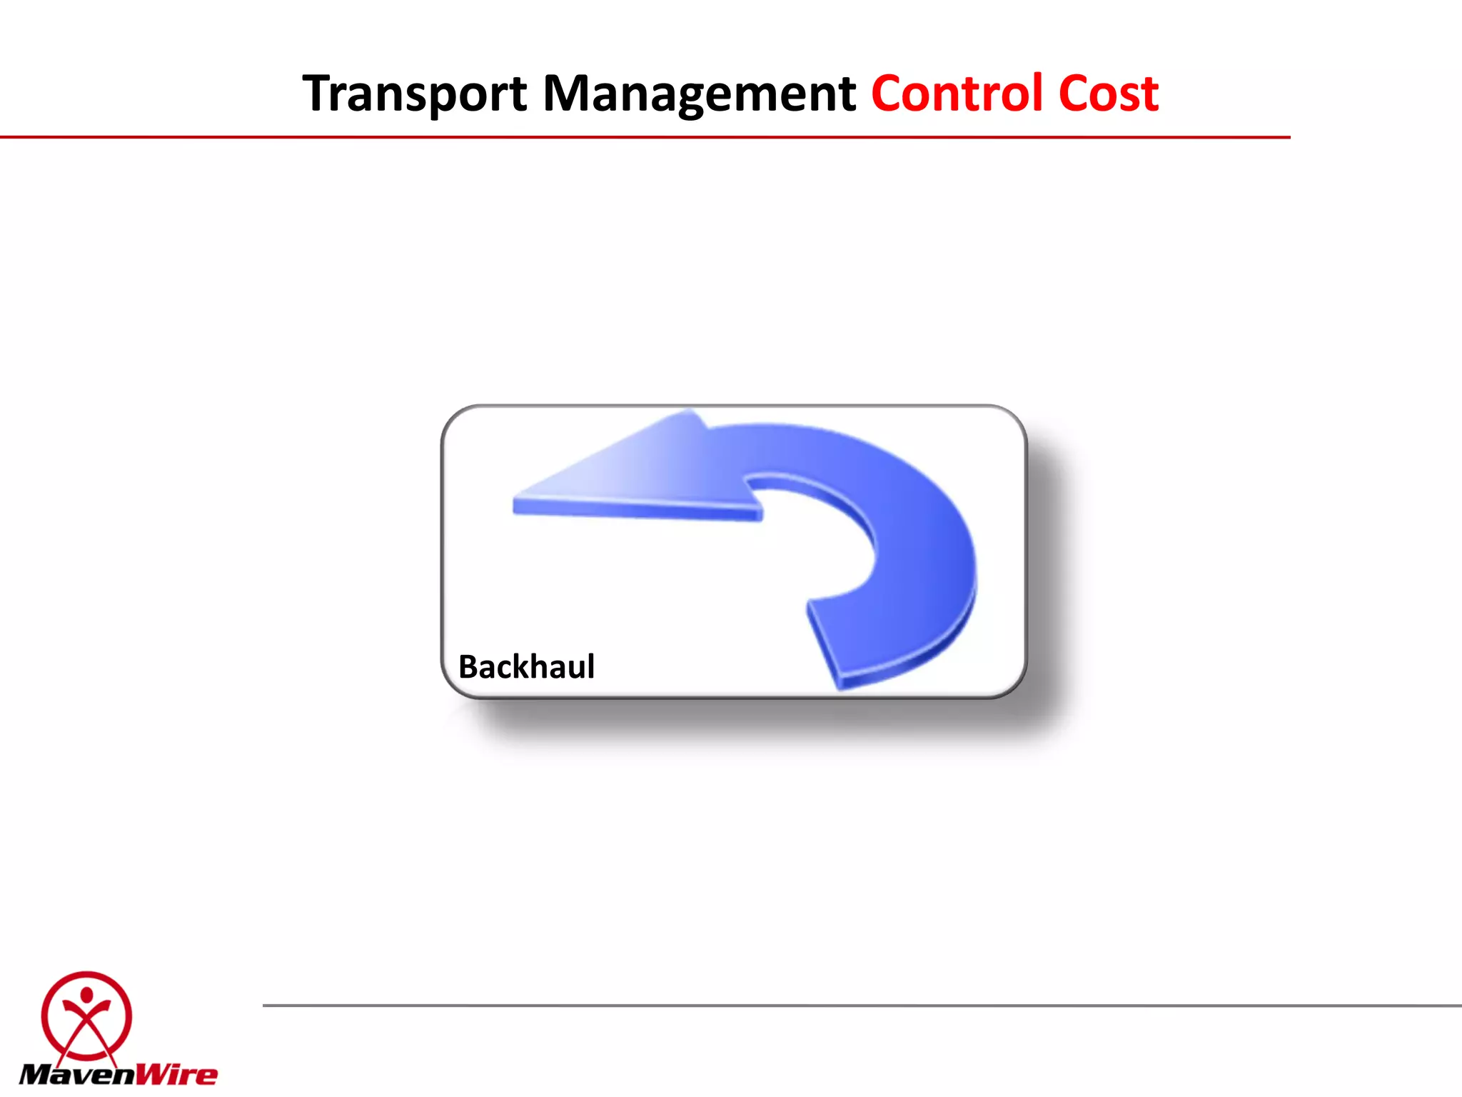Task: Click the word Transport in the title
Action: click(x=414, y=94)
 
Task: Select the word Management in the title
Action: click(x=699, y=94)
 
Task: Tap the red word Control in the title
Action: click(x=957, y=94)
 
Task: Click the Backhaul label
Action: click(x=526, y=667)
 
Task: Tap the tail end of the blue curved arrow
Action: click(x=828, y=643)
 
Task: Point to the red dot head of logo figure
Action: click(x=86, y=995)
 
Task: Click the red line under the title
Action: click(x=642, y=137)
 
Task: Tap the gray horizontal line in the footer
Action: click(x=857, y=1006)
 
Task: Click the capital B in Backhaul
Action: click(x=469, y=667)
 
